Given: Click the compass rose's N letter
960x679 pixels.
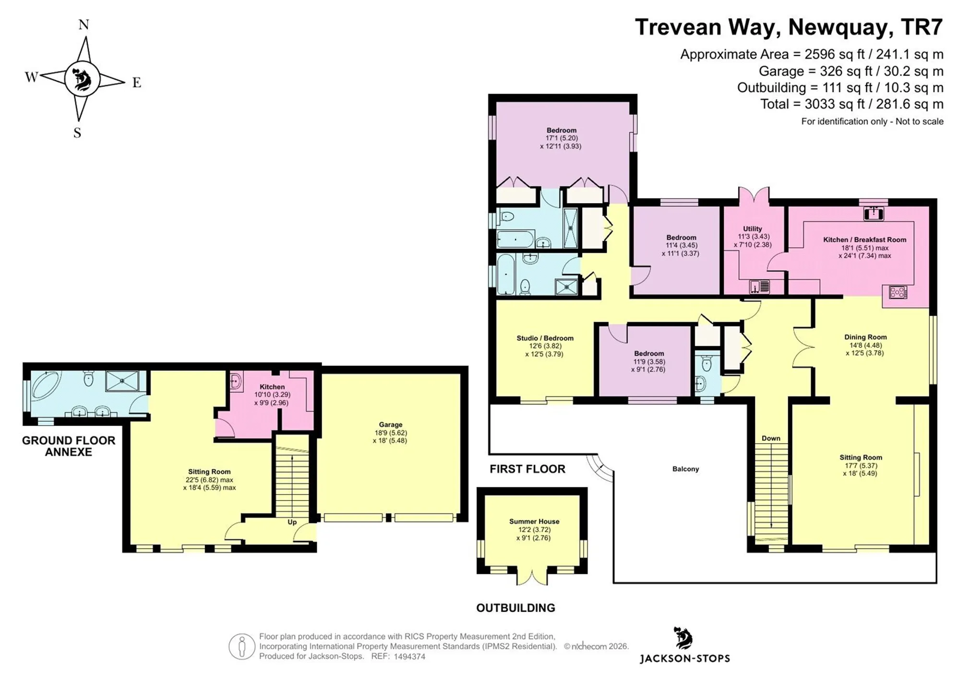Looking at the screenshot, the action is point(84,24).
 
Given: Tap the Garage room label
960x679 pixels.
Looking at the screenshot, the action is point(390,424).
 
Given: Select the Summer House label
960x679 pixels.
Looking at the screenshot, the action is point(534,521).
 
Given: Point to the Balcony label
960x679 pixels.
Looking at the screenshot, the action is point(685,469).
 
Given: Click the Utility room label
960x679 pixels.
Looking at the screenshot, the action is point(752,229).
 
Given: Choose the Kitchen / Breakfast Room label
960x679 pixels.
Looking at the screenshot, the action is point(865,240).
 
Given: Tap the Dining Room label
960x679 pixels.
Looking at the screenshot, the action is point(865,337).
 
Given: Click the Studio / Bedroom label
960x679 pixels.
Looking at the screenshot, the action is point(545,338).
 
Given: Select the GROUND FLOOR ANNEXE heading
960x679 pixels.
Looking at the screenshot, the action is point(69,446).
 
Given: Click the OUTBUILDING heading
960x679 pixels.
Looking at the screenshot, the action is point(516,608).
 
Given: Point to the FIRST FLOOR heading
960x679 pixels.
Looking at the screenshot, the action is point(528,469).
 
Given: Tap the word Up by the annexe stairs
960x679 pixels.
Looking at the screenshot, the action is point(292,522).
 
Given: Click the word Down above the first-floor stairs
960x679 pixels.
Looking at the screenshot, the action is point(771,438).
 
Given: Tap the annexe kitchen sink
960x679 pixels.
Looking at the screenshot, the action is point(235,381).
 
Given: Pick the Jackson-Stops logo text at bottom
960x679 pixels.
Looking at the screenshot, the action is point(684,658).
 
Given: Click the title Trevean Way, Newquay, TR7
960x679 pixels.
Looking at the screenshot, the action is point(789,27).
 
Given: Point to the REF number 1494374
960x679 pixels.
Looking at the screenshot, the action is point(409,656).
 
